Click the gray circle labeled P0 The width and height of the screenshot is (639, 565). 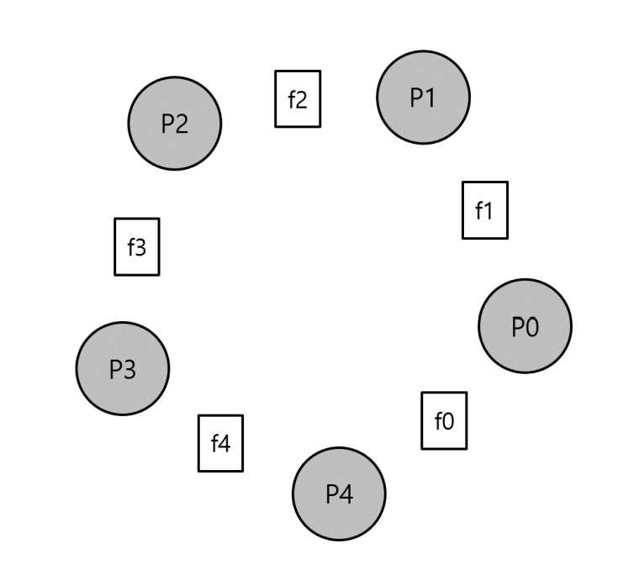(525, 326)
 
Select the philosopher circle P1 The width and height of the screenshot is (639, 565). (423, 98)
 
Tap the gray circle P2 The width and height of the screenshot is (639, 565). (174, 124)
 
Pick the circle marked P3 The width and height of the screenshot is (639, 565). (122, 368)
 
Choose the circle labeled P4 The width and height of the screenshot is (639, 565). (339, 494)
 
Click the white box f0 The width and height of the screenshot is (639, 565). (444, 420)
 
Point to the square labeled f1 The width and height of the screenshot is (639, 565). (484, 210)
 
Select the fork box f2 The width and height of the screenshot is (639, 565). (298, 99)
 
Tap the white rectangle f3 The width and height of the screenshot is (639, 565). (136, 246)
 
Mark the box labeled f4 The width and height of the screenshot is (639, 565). (220, 443)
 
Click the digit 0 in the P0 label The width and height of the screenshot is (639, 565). (532, 327)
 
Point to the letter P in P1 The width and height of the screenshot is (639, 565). (416, 98)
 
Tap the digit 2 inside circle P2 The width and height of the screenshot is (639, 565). (182, 124)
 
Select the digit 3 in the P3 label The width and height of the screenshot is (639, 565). (129, 369)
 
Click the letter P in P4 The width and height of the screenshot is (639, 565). (331, 494)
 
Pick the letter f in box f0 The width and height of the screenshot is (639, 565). (438, 420)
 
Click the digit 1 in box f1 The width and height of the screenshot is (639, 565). (488, 211)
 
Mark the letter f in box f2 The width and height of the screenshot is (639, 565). (292, 99)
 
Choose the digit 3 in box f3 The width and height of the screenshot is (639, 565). (140, 247)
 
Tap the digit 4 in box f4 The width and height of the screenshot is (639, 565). (224, 444)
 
